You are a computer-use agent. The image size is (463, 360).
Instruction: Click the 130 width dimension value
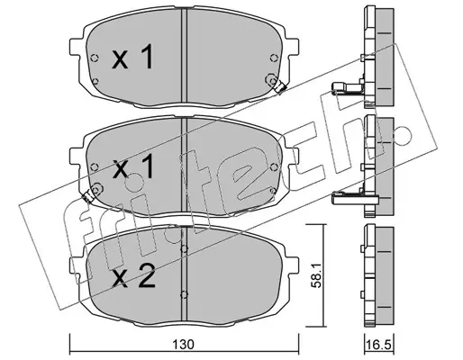pos(184,344)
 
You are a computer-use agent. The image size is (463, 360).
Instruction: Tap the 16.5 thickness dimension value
pos(379,344)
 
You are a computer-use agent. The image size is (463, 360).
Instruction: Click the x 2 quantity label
pos(133,278)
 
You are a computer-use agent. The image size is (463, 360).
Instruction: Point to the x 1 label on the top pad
pos(132,57)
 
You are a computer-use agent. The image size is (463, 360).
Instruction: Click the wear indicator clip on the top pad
pos(280,86)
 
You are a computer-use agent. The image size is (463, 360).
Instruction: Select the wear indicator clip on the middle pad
pos(87,196)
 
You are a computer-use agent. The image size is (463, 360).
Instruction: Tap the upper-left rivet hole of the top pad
pos(95,58)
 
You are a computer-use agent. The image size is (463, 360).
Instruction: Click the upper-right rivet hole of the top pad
pos(273,58)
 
